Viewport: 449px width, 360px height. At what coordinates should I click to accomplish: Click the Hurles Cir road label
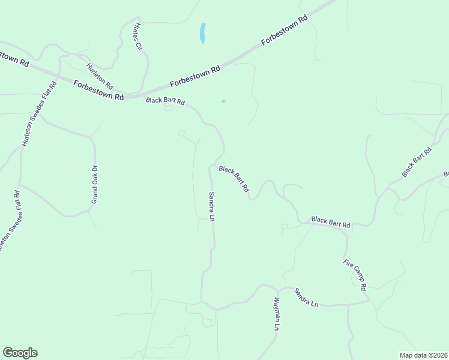[138, 37]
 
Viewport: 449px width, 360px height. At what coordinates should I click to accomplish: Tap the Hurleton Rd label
[99, 76]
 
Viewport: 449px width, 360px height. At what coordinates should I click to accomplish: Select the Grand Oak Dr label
[94, 185]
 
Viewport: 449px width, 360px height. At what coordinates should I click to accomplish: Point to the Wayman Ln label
[277, 313]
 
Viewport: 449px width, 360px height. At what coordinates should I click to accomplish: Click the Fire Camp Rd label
[355, 274]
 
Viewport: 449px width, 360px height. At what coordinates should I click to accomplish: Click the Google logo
[20, 353]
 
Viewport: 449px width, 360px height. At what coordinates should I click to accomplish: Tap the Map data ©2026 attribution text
[423, 355]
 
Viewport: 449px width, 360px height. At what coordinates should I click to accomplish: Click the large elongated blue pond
[202, 33]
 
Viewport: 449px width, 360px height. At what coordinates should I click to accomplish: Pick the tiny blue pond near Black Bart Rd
[223, 101]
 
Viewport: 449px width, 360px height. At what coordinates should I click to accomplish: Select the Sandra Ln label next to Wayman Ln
[306, 298]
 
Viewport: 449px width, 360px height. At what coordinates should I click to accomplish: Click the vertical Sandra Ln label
[211, 206]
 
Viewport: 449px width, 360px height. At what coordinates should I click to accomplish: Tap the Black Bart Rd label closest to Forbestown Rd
[165, 101]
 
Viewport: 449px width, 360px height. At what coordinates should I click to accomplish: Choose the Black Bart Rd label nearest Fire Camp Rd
[331, 222]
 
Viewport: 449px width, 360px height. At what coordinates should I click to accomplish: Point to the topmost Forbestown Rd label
[285, 31]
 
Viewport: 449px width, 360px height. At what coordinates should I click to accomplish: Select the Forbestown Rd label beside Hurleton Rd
[99, 89]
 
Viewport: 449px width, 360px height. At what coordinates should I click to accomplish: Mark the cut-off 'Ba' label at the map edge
[446, 174]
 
